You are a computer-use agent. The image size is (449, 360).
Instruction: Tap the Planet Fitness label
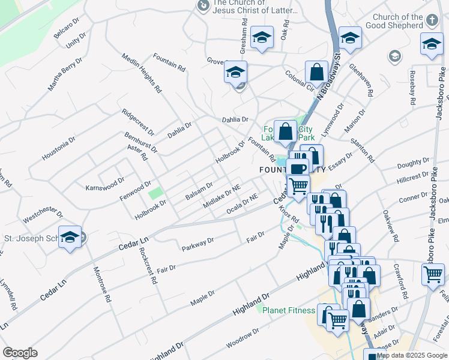290,310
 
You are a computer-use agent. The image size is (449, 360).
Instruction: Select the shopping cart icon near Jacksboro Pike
433,275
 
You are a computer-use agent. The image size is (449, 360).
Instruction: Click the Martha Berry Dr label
65,75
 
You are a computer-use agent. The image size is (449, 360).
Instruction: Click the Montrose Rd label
101,281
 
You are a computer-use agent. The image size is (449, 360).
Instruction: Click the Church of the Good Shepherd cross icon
431,21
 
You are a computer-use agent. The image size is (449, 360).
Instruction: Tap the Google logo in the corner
20,353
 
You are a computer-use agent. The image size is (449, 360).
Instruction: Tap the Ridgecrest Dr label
138,122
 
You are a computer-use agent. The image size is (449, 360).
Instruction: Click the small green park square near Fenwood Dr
155,194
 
